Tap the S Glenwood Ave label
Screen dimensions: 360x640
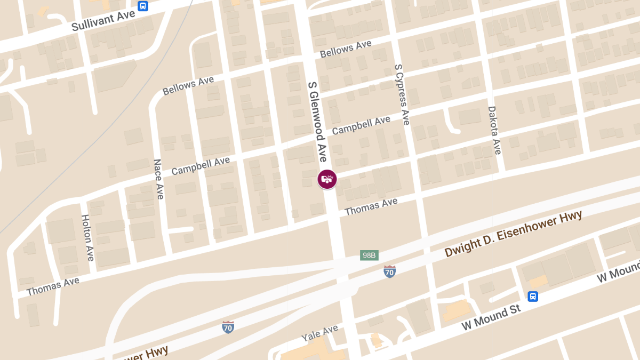click(x=317, y=122)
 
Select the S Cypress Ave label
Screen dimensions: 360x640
click(x=402, y=95)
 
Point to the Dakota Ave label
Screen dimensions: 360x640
click(x=494, y=130)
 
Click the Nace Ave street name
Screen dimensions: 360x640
click(x=158, y=179)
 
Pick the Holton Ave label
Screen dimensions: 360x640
click(x=87, y=237)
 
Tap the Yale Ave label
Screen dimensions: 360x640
click(x=319, y=334)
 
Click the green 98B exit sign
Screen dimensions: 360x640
click(x=369, y=255)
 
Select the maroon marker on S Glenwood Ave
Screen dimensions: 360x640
click(x=327, y=179)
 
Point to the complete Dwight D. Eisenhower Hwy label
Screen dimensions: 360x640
click(x=513, y=234)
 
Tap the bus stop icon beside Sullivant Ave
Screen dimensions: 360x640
click(x=142, y=6)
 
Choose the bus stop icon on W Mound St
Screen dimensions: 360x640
click(x=532, y=297)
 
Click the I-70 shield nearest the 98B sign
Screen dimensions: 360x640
click(x=390, y=271)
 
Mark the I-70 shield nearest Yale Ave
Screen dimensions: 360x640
click(x=228, y=327)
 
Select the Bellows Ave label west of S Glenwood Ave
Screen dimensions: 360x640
click(x=188, y=86)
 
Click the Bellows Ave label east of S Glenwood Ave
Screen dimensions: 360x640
click(x=346, y=50)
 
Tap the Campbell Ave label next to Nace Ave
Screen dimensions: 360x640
click(x=201, y=166)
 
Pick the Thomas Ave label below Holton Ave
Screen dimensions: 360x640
click(x=53, y=286)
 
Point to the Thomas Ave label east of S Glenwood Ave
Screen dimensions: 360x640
click(x=371, y=206)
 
